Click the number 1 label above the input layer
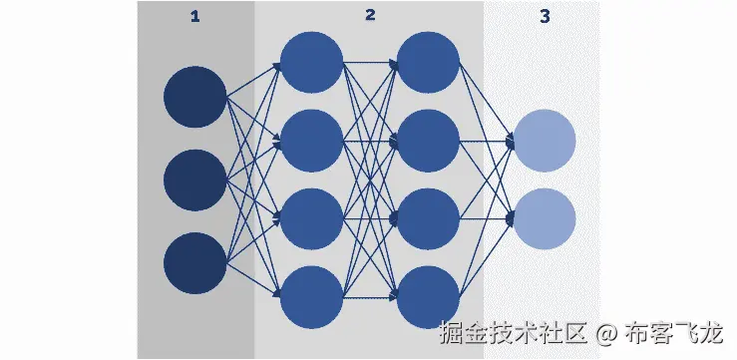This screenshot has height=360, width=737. pyautogui.click(x=194, y=16)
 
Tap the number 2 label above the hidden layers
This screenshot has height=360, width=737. pyautogui.click(x=370, y=16)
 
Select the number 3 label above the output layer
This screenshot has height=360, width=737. pyautogui.click(x=544, y=16)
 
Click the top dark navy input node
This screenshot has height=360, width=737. pyautogui.click(x=195, y=97)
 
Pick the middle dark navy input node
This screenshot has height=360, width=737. pyautogui.click(x=195, y=180)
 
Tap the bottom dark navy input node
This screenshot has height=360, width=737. pyautogui.click(x=195, y=263)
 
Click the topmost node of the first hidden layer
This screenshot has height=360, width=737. pyautogui.click(x=311, y=62)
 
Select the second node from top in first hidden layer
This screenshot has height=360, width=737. pyautogui.click(x=311, y=140)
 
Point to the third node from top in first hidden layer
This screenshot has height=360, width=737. pyautogui.click(x=311, y=218)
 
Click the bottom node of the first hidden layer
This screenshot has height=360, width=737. pyautogui.click(x=311, y=296)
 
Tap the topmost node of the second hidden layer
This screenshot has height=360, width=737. pyautogui.click(x=428, y=62)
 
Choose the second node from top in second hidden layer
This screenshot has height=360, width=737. pyautogui.click(x=428, y=140)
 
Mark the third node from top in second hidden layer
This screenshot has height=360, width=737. pyautogui.click(x=428, y=218)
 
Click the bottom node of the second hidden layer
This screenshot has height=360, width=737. pyautogui.click(x=428, y=296)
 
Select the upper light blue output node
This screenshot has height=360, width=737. pyautogui.click(x=545, y=141)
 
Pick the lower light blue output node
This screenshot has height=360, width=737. pyautogui.click(x=545, y=218)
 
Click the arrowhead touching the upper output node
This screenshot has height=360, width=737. pyautogui.click(x=510, y=142)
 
